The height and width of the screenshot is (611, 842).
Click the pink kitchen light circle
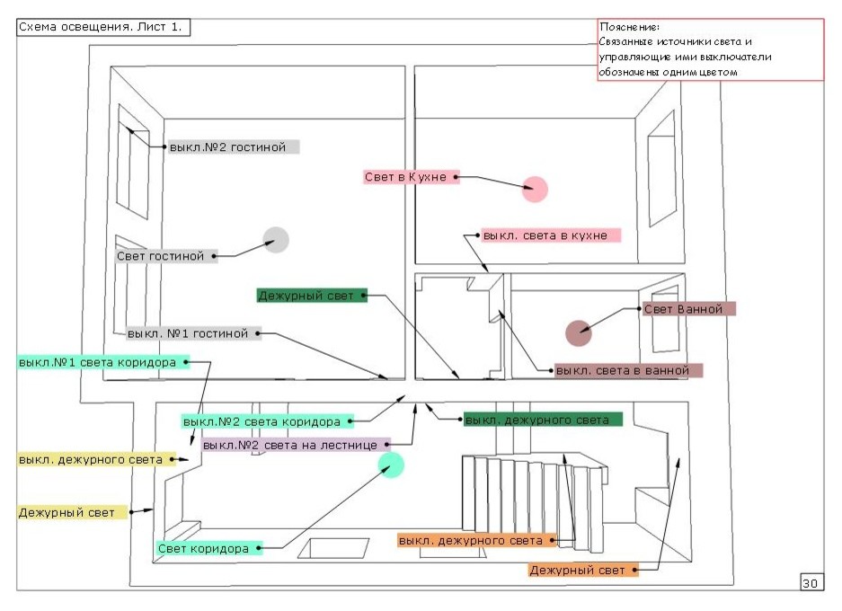(x=535, y=190)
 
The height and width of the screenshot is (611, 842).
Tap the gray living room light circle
(x=276, y=240)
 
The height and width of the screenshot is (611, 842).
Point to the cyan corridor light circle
(x=391, y=465)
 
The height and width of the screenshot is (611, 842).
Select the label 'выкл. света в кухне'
(x=551, y=235)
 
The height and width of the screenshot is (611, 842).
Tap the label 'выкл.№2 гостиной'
(x=233, y=146)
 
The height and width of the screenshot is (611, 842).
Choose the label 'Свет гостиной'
(x=166, y=256)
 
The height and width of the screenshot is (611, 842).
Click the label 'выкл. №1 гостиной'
(x=192, y=333)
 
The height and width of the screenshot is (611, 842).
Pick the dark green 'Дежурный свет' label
(x=312, y=295)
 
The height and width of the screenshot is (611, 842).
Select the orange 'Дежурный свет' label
(x=583, y=570)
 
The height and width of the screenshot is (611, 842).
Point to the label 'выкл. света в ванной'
(x=628, y=370)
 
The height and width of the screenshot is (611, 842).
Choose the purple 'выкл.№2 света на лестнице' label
(x=296, y=445)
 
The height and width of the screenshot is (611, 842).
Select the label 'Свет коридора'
(x=209, y=548)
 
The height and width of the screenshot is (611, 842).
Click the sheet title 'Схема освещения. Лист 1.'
(x=103, y=27)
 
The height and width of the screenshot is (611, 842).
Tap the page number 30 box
(x=810, y=583)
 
